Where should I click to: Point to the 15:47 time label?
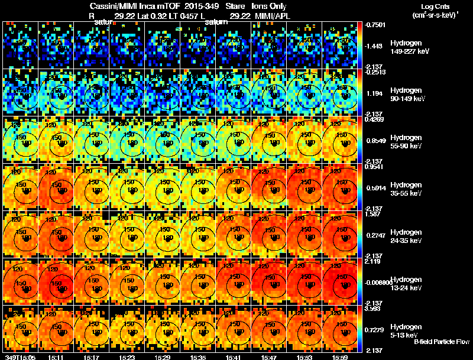click(269, 357)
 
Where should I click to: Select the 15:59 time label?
click(340, 357)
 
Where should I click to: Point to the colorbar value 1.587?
click(372, 215)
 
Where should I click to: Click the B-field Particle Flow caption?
click(442, 342)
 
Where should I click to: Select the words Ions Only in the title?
click(270, 6)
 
